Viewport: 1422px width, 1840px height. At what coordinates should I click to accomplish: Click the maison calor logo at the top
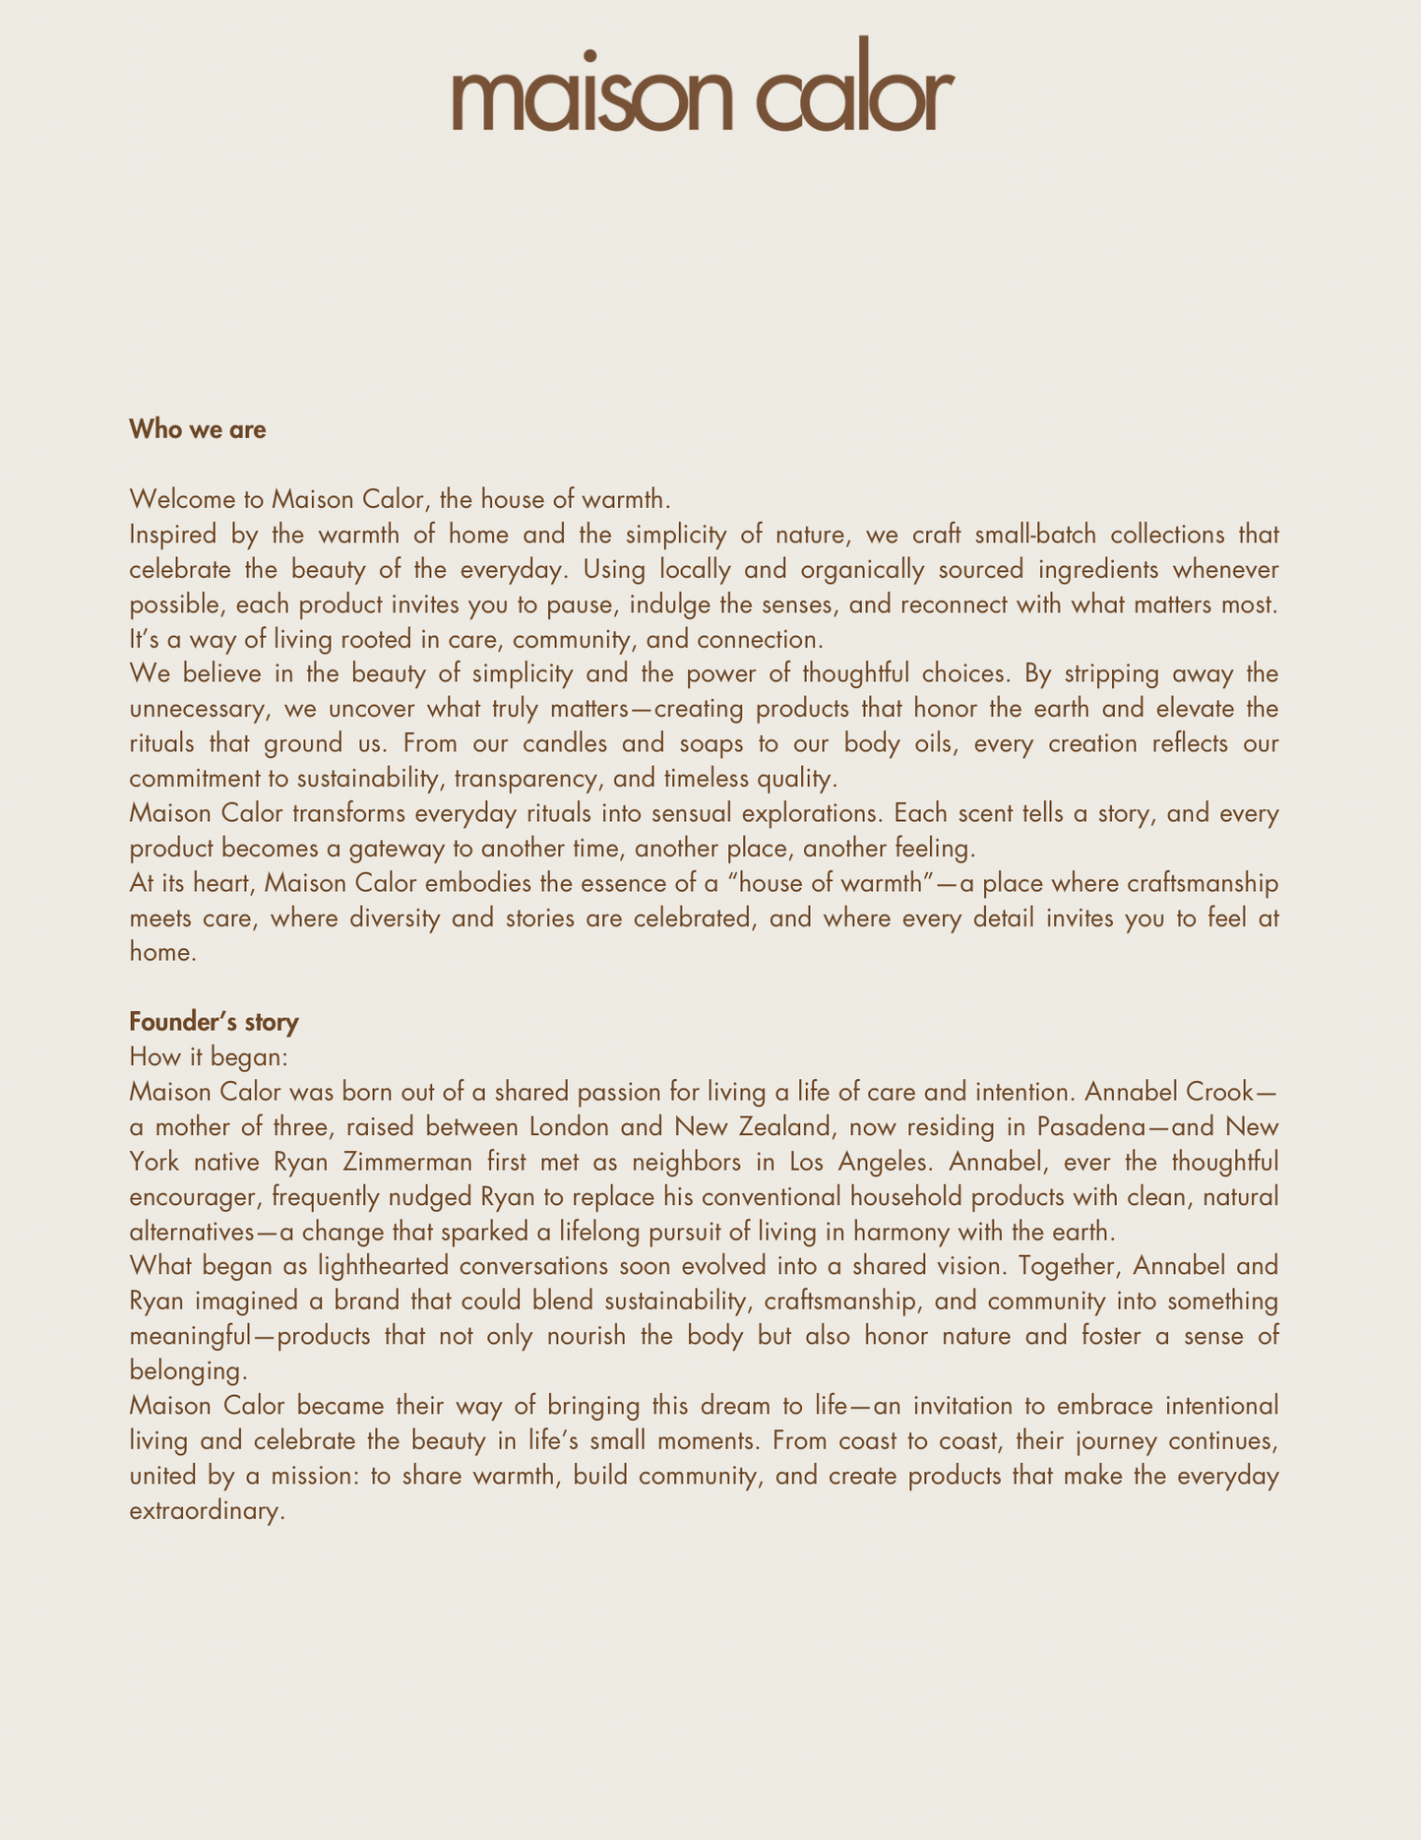click(x=703, y=87)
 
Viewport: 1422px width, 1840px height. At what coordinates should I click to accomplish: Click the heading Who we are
click(x=198, y=429)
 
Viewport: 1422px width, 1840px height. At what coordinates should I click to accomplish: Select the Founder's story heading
click(x=214, y=1022)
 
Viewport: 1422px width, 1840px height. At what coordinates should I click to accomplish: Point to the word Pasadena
click(x=1092, y=1126)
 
